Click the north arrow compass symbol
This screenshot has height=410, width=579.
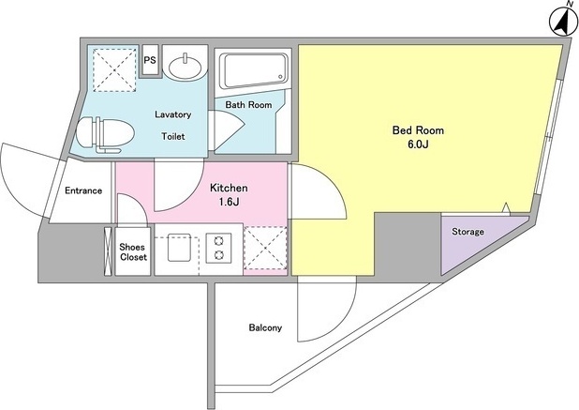(563, 21)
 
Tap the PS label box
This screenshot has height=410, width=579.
(150, 61)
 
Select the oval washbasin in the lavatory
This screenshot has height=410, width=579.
(186, 67)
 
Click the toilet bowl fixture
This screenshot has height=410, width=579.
(105, 135)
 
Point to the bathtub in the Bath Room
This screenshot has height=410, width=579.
(253, 70)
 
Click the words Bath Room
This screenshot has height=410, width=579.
(248, 105)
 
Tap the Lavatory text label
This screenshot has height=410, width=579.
(172, 114)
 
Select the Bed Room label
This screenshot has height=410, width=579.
(418, 130)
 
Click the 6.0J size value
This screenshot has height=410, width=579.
(418, 144)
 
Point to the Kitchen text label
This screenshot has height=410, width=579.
(229, 188)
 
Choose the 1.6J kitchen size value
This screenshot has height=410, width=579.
(230, 202)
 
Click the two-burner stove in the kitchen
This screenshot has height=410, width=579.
(218, 248)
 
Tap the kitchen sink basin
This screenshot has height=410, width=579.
(179, 248)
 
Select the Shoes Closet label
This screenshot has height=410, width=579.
(133, 251)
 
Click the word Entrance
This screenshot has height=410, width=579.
(83, 190)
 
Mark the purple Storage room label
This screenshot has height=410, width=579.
(468, 232)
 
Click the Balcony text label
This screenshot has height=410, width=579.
(265, 327)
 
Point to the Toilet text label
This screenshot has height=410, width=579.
(173, 136)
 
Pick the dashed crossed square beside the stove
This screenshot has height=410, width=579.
(265, 248)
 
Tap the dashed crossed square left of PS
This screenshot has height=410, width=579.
(114, 69)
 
